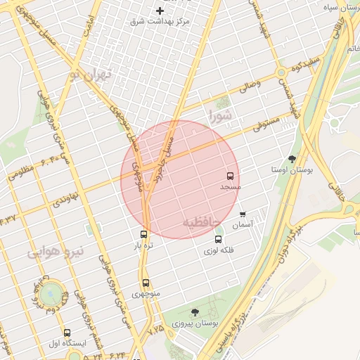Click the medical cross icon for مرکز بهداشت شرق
(x=160, y=11)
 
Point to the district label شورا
(x=219, y=115)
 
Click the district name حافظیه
(x=202, y=222)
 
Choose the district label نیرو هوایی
(x=56, y=251)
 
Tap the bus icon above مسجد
(x=230, y=176)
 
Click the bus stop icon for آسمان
(x=243, y=214)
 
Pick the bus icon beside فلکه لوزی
(x=218, y=240)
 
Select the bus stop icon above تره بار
(x=144, y=234)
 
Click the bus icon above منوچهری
(x=145, y=283)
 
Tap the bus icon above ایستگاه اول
(x=67, y=333)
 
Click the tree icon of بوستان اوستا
(x=292, y=158)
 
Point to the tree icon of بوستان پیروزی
(x=195, y=311)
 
